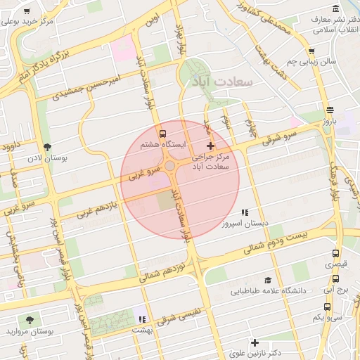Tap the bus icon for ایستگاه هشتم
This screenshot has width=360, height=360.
(x=163, y=134)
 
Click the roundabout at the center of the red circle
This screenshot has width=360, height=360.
(x=170, y=165)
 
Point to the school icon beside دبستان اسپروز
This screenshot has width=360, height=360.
(x=245, y=212)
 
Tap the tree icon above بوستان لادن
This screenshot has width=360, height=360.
(x=47, y=147)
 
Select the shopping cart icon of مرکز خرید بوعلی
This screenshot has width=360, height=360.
(x=27, y=12)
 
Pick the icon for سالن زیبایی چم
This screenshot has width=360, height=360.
(x=311, y=51)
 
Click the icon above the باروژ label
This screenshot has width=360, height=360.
(x=330, y=110)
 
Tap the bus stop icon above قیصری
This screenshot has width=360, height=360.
(x=335, y=254)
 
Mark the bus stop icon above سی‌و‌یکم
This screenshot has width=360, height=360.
(x=328, y=307)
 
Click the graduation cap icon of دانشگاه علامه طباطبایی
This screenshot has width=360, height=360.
(x=266, y=280)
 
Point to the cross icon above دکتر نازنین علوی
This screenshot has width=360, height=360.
(x=255, y=342)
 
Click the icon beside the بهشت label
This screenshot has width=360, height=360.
(x=142, y=309)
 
